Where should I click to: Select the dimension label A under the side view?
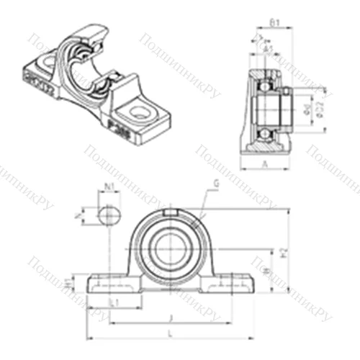click(266, 163)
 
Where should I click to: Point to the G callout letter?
click(216, 185)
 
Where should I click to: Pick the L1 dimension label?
click(114, 303)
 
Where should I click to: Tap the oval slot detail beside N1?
click(107, 214)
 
